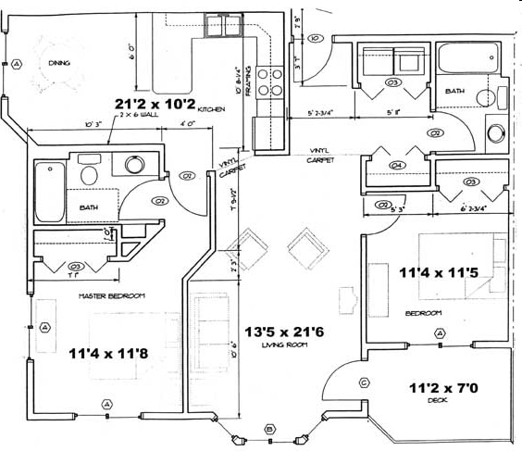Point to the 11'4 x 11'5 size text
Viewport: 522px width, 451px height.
[435, 273]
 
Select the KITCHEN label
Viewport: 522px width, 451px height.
[211, 109]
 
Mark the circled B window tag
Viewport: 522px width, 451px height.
[269, 428]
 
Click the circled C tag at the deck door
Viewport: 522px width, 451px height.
[364, 382]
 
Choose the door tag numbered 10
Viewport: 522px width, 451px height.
[315, 39]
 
